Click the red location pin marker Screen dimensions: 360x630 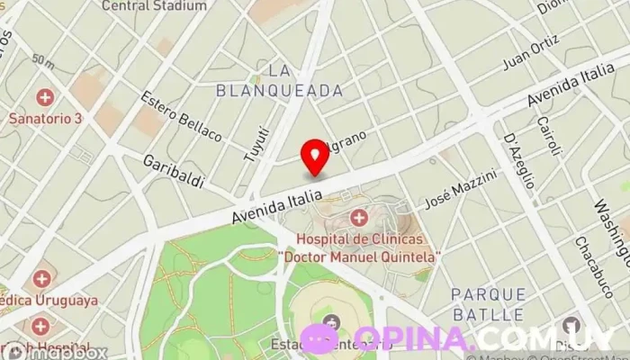pyautogui.click(x=315, y=156)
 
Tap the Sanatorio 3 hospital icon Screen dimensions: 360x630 pyautogui.click(x=43, y=97)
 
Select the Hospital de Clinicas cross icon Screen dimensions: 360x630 pyautogui.click(x=359, y=217)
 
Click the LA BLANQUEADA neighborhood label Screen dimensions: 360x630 pyautogui.click(x=280, y=80)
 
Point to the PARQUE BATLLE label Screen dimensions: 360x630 pyautogui.click(x=488, y=303)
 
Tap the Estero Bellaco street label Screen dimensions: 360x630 pyautogui.click(x=182, y=115)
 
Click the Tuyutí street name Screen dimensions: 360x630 pyautogui.click(x=256, y=142)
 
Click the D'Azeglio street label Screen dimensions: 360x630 pyautogui.click(x=520, y=161)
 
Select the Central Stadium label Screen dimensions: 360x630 pyautogui.click(x=154, y=5)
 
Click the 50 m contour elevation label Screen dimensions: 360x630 pyautogui.click(x=42, y=60)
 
